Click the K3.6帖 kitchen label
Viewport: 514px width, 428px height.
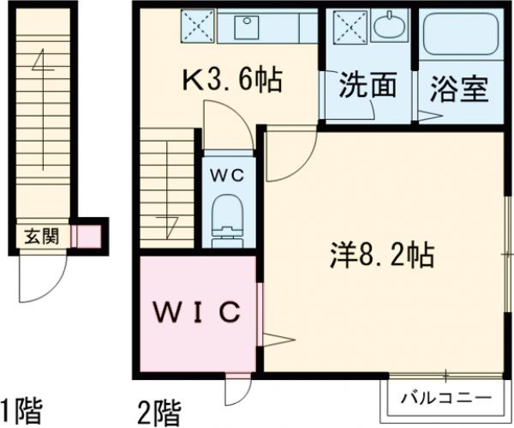(230, 83)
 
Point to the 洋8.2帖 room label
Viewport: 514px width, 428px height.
(382, 254)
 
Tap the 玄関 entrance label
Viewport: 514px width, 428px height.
(40, 235)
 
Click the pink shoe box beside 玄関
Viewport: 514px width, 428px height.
(87, 235)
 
